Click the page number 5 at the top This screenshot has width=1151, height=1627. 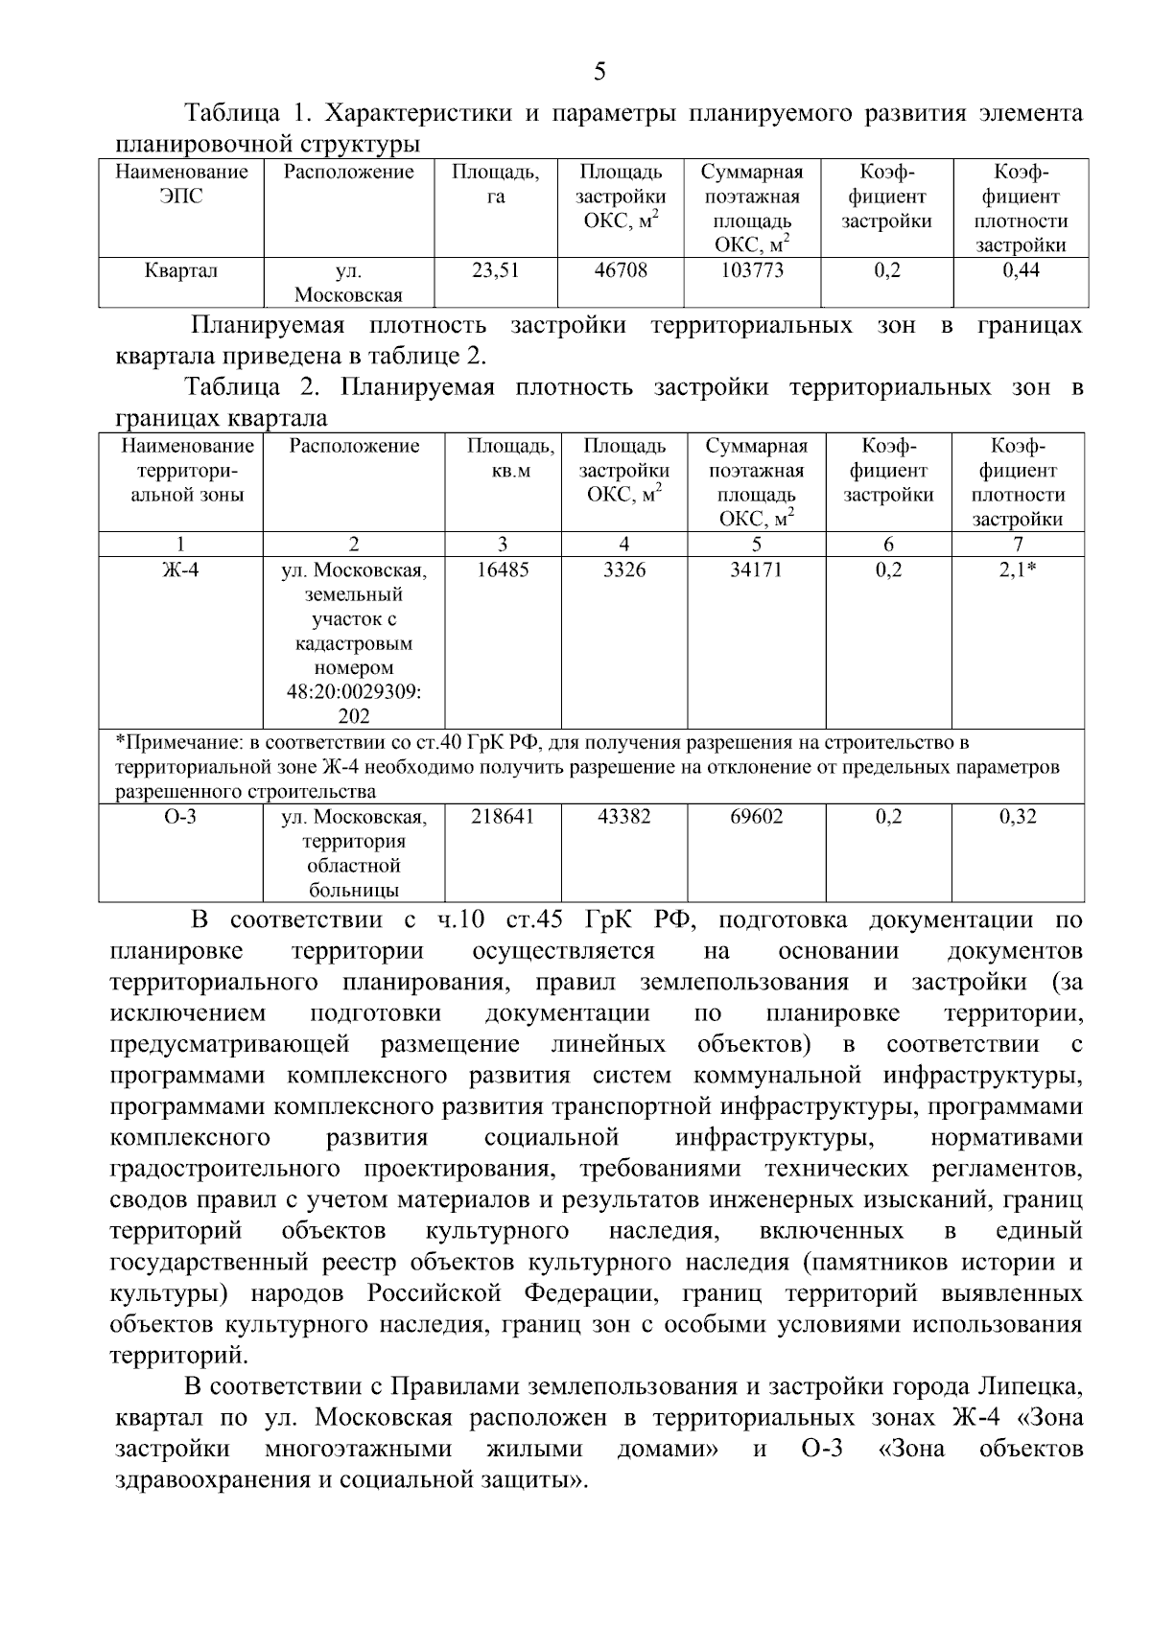[x=599, y=71]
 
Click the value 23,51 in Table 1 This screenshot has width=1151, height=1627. [x=495, y=270]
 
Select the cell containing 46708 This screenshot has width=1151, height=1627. [x=621, y=270]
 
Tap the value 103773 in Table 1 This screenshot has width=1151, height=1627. [x=752, y=270]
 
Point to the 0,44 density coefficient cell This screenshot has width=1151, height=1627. [x=1021, y=270]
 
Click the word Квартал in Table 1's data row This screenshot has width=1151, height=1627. [x=180, y=270]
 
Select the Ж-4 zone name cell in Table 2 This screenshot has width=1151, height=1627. [x=180, y=569]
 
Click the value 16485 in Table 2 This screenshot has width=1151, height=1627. [x=503, y=569]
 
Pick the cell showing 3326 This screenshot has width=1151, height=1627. [x=623, y=569]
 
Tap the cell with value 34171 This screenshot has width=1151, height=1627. [x=756, y=569]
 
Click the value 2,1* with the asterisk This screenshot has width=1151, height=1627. [x=1018, y=569]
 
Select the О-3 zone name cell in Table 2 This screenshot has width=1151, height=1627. [x=180, y=817]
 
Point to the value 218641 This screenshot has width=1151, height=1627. [x=503, y=817]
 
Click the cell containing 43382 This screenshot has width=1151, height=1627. [x=623, y=817]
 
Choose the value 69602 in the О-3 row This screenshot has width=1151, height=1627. [x=756, y=817]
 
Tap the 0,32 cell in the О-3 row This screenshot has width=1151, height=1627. [x=1018, y=817]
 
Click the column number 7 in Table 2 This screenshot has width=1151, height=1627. [x=1018, y=545]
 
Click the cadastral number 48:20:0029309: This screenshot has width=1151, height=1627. [x=354, y=691]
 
